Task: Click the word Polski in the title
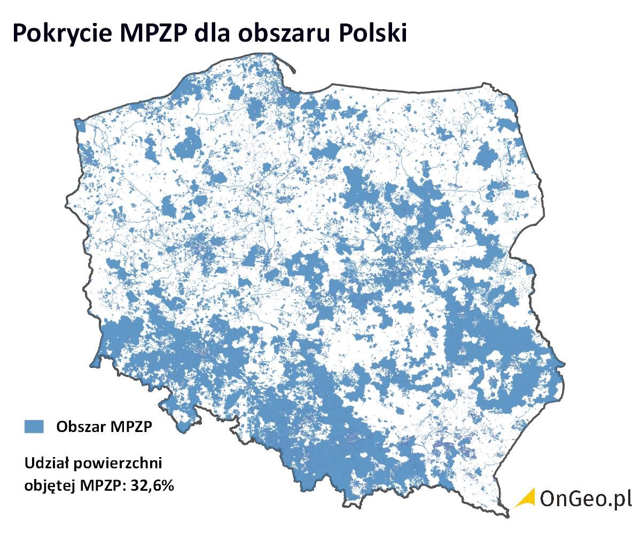374,33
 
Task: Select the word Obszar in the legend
80,427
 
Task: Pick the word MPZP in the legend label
131,427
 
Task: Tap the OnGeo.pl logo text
585,498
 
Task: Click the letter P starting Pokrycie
19,33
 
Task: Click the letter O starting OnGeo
549,498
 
